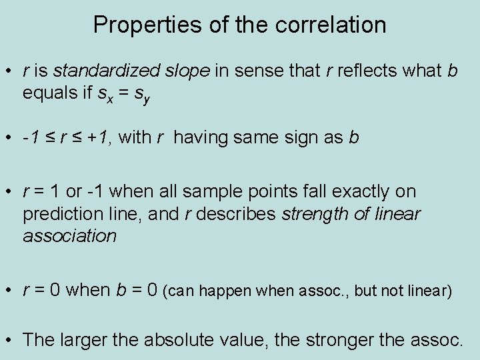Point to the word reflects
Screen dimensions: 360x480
tap(369, 71)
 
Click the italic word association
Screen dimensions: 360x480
tap(69, 236)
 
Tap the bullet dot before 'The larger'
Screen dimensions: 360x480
tap(9, 340)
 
